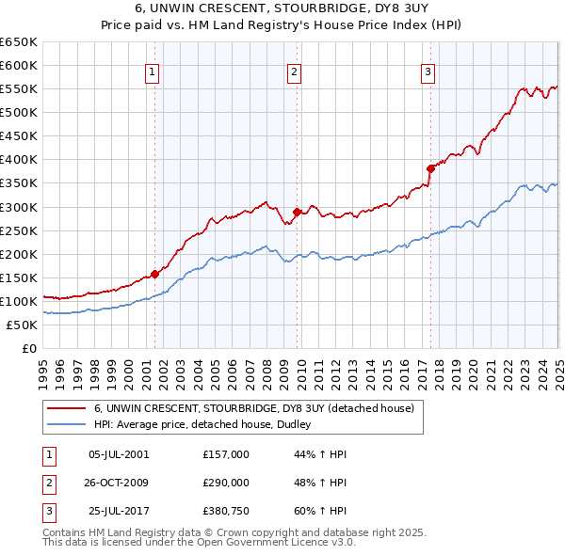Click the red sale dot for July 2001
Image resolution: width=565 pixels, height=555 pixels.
154,275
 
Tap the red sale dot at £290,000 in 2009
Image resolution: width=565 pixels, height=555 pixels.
297,212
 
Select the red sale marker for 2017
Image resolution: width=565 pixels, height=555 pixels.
430,169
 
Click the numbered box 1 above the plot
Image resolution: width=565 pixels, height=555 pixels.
153,71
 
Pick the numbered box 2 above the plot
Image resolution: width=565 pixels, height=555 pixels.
295,71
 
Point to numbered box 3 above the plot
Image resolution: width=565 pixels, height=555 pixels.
428,71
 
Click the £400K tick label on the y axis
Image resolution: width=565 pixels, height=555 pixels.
19,160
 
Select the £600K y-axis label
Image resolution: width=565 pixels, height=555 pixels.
19,65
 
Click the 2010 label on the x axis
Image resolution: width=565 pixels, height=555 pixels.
300,367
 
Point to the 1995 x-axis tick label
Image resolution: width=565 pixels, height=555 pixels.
43,367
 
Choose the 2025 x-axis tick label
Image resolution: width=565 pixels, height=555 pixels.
557,367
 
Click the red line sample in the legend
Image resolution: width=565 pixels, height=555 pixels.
66,408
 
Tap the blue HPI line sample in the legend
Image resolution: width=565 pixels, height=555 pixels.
66,424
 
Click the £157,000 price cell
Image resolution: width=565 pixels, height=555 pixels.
226,453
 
